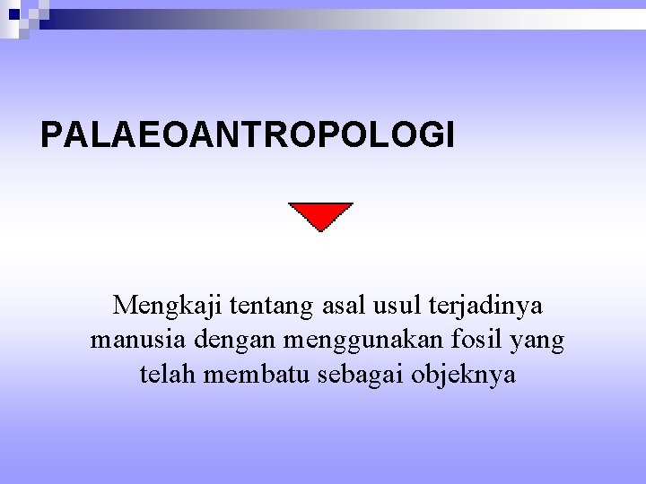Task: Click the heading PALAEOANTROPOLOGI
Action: point(248,134)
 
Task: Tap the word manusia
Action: point(136,341)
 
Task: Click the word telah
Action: point(169,374)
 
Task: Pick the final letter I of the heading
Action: point(450,134)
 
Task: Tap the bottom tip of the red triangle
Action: point(320,231)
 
